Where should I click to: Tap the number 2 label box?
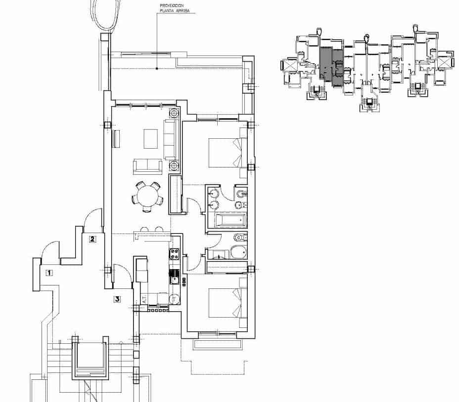click(92, 240)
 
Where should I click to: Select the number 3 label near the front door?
click(117, 299)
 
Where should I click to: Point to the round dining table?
click(146, 195)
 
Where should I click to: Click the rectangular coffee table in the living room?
click(150, 139)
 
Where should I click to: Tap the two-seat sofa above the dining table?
click(146, 166)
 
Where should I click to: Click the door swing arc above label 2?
click(92, 219)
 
